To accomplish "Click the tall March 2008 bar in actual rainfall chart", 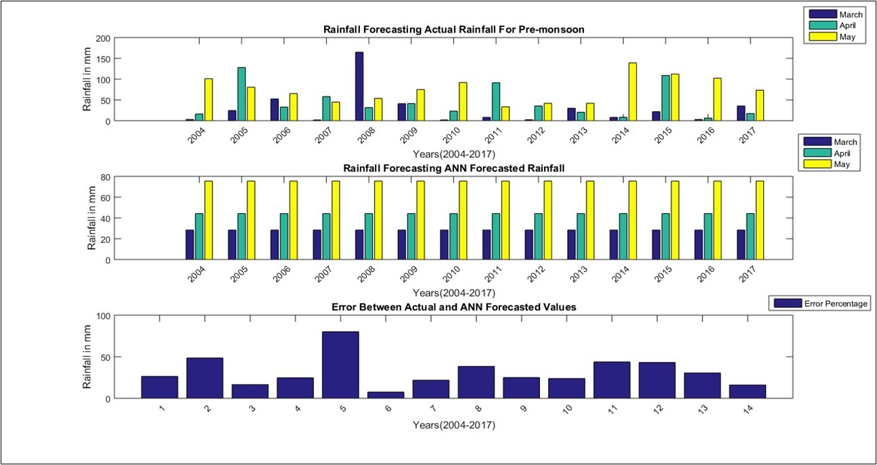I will click(x=359, y=87).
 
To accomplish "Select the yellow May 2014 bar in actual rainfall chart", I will click(x=633, y=92).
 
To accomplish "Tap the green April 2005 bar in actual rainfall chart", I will click(x=242, y=94).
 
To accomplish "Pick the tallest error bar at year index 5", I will click(x=340, y=365).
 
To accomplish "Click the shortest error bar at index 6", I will click(x=386, y=395).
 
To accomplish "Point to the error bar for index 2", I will click(x=204, y=378).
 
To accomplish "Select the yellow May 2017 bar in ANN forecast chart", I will click(x=759, y=220).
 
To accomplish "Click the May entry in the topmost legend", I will click(x=832, y=37).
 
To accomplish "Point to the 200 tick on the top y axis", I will click(x=102, y=39).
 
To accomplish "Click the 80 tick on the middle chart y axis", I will click(x=105, y=177).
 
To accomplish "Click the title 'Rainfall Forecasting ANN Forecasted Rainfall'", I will click(x=452, y=167).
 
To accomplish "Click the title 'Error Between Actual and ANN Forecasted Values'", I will click(x=453, y=307).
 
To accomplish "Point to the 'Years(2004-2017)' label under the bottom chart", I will click(x=453, y=425).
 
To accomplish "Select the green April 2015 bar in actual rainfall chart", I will click(x=665, y=98).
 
